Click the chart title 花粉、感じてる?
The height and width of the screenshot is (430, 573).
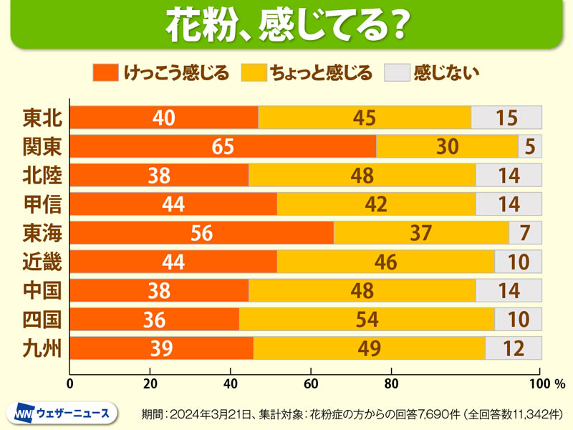(286, 26)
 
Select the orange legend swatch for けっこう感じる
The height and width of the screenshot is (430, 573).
(105, 72)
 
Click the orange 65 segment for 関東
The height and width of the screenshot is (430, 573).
(223, 146)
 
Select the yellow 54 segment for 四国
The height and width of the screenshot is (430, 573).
(367, 319)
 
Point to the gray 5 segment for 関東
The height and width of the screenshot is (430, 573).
(530, 146)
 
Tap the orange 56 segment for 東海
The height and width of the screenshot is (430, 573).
(202, 233)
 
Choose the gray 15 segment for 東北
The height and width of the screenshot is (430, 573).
(506, 118)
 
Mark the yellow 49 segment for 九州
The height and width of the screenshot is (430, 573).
(370, 348)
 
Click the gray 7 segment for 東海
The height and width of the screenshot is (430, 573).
(525, 233)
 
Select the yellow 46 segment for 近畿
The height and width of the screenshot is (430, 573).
(385, 262)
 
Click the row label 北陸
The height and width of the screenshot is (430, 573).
(42, 175)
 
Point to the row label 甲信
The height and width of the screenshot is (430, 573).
(42, 204)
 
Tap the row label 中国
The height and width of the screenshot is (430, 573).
(42, 290)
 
